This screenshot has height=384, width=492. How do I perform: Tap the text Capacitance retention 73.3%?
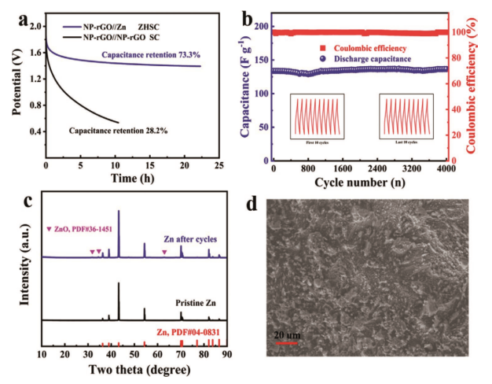pyautogui.click(x=150, y=54)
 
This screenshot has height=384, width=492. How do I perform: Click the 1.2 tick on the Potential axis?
pyautogui.click(x=33, y=79)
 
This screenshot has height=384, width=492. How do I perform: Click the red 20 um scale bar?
pyautogui.click(x=287, y=343)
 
